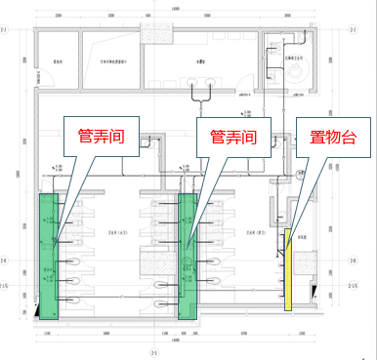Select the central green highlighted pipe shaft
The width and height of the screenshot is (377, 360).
pos(188,258)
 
